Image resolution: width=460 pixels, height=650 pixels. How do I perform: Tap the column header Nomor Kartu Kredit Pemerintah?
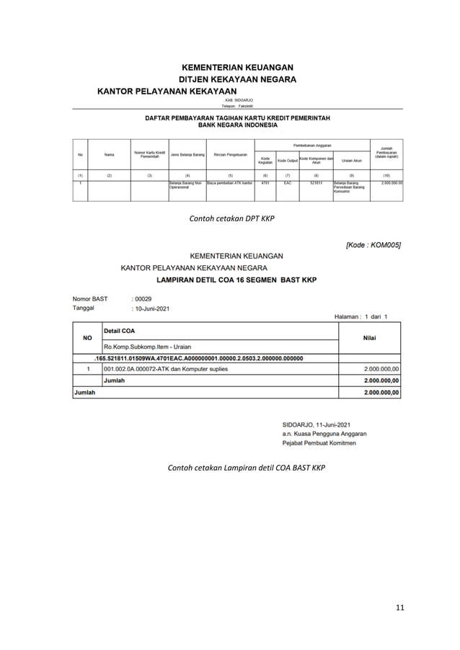click(x=149, y=155)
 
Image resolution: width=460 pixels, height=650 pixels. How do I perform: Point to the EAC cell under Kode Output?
click(x=287, y=184)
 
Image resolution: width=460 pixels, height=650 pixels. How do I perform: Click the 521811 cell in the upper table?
click(x=316, y=184)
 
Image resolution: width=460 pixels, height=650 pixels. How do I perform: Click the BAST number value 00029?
click(x=143, y=298)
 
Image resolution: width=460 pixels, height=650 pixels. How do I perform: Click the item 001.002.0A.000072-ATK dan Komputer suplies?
click(x=166, y=369)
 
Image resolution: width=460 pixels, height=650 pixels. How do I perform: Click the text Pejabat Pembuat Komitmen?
click(x=319, y=443)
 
